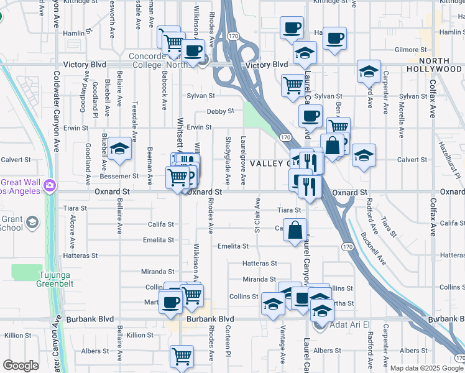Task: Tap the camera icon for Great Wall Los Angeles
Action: (49, 185)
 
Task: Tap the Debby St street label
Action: (220, 111)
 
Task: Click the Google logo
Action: (21, 366)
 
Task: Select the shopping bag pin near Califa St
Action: (295, 229)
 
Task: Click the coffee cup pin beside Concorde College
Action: (192, 50)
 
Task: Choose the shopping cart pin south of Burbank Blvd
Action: (181, 356)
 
